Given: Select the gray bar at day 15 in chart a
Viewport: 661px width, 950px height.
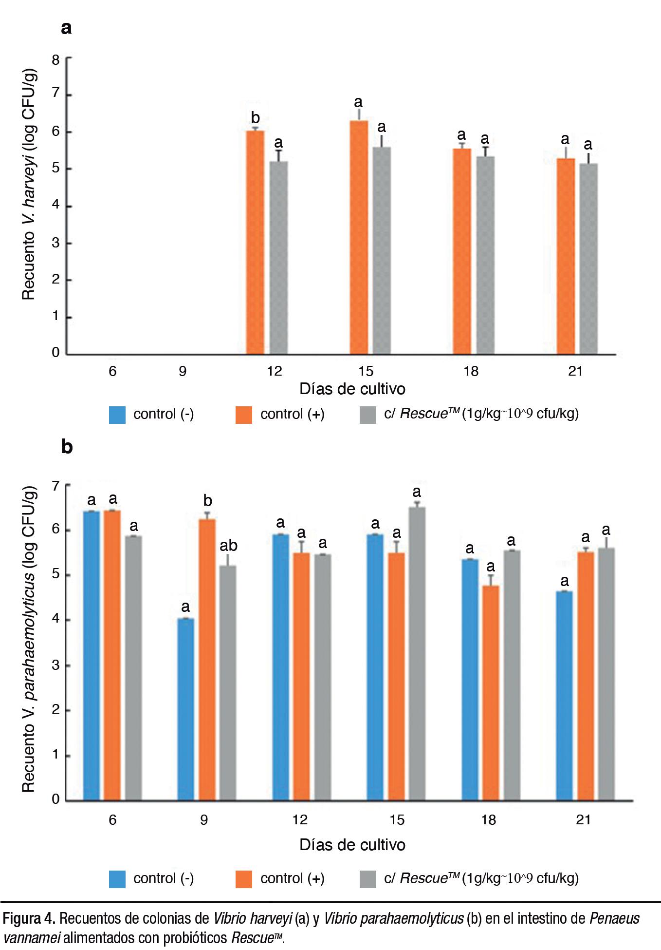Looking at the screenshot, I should click(x=382, y=250).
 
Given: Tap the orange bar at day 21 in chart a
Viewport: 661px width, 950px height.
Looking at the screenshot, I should click(x=566, y=256).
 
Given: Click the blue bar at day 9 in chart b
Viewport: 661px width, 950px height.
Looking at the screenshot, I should click(x=186, y=709).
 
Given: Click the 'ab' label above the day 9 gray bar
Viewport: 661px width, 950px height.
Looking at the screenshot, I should click(x=228, y=546).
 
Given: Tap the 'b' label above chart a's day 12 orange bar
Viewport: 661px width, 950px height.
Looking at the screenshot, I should click(x=255, y=118).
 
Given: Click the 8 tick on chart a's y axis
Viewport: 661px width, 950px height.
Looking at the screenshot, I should click(x=56, y=60).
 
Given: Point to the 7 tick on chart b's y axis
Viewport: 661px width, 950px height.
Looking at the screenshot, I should click(x=56, y=486).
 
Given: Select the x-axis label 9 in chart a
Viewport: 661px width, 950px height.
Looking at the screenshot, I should click(x=183, y=372).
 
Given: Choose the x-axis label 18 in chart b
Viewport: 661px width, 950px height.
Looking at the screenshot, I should click(x=488, y=820).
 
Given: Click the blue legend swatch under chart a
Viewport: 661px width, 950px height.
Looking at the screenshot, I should click(x=117, y=415).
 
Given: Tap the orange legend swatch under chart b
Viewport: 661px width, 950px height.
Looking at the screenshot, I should click(x=244, y=879).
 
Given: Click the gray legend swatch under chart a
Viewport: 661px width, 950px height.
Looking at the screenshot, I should click(x=367, y=415).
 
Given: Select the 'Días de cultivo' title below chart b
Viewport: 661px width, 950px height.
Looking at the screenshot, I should click(x=352, y=845).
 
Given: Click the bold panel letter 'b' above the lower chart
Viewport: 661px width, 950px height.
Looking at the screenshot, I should click(x=67, y=447).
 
